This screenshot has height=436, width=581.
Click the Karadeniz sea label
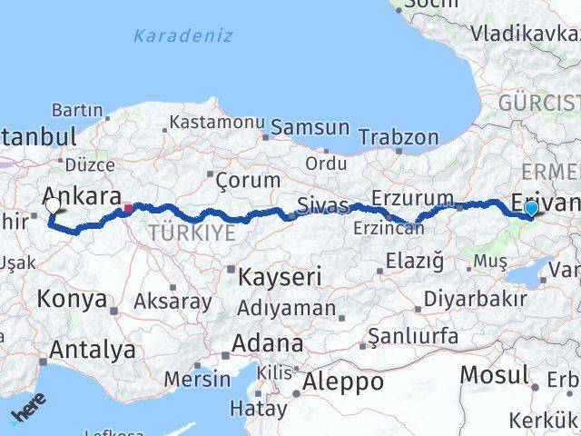[182, 36]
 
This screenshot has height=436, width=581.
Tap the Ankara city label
[82, 196]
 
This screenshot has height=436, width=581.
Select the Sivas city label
[325, 206]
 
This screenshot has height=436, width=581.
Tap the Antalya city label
[93, 350]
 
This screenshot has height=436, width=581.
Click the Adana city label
[267, 344]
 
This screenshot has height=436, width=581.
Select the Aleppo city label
[344, 381]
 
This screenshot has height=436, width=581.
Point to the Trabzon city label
[398, 137]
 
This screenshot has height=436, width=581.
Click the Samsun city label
[310, 128]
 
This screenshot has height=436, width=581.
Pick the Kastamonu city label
[217, 122]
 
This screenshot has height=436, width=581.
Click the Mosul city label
[494, 374]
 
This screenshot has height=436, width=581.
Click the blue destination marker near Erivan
[531, 209]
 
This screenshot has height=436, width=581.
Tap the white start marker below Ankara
[52, 205]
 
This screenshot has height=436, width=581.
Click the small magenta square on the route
[128, 208]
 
